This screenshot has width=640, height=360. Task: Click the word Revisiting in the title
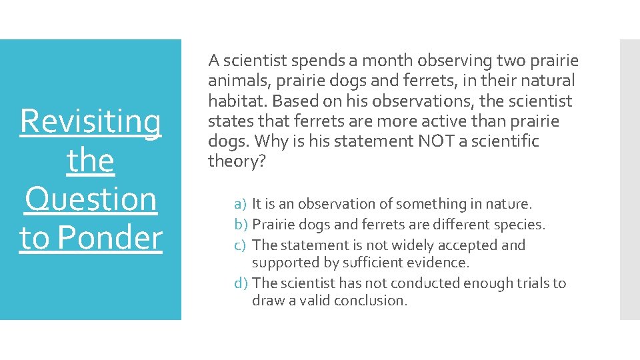pos(91,122)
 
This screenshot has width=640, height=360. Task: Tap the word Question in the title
pos(91,199)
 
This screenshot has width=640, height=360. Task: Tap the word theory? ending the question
pos(237,161)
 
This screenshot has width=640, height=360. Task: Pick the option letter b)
pos(241,225)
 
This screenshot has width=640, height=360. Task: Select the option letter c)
pos(241,245)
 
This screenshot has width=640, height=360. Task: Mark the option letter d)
pos(241,283)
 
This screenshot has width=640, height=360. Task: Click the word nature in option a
pos(509,204)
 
